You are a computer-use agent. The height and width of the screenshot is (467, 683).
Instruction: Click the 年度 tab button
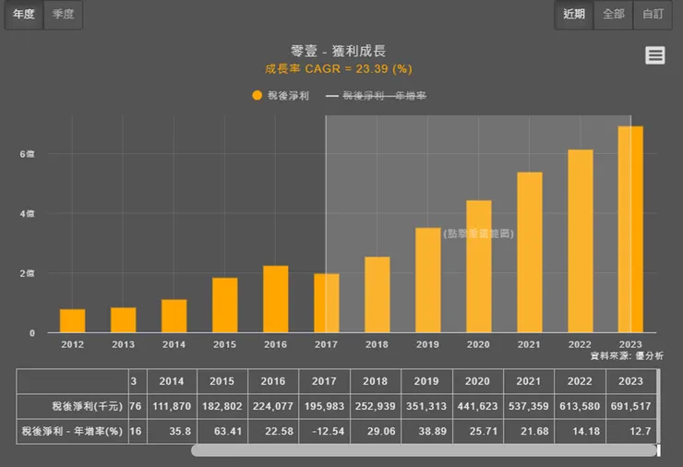pyautogui.click(x=24, y=14)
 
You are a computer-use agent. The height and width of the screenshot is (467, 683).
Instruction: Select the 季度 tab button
pyautogui.click(x=64, y=14)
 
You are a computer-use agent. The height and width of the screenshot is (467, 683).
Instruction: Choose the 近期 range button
pyautogui.click(x=574, y=14)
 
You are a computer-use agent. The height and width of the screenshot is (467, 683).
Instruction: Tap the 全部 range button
pyautogui.click(x=613, y=14)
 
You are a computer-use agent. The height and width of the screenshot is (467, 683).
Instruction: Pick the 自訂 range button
pyautogui.click(x=653, y=14)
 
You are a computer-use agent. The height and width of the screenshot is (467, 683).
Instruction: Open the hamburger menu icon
pyautogui.click(x=655, y=55)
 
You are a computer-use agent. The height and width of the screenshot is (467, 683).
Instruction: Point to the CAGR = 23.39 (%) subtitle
pyautogui.click(x=339, y=68)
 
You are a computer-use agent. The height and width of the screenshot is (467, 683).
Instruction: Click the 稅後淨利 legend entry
pyautogui.click(x=281, y=95)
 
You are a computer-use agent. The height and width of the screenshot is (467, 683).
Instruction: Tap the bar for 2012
pyautogui.click(x=72, y=320)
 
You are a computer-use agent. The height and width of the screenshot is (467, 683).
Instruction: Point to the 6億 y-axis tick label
pyautogui.click(x=29, y=154)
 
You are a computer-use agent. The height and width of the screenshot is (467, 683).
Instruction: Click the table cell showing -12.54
pyautogui.click(x=324, y=431)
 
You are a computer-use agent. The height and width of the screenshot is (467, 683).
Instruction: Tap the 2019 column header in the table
pyautogui.click(x=426, y=380)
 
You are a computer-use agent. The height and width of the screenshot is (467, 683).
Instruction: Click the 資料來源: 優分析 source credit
pyautogui.click(x=627, y=355)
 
